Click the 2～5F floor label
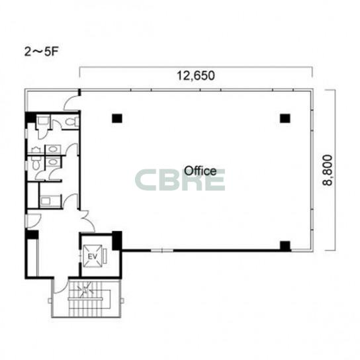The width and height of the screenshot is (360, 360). [41, 52]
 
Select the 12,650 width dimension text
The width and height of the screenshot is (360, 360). [196, 75]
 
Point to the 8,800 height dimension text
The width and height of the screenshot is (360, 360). [328, 170]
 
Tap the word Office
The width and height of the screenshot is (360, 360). [201, 171]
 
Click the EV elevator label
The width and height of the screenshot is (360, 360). [92, 257]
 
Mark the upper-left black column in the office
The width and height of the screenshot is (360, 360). [117, 118]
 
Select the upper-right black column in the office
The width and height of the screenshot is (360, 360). [285, 118]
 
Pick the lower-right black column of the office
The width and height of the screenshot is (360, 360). [285, 246]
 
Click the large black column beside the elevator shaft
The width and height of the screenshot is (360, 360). [117, 241]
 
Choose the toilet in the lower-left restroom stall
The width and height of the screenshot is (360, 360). [36, 162]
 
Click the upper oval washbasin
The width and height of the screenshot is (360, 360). [53, 150]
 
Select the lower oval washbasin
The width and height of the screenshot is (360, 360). [53, 162]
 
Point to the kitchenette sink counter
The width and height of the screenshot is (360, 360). [50, 201]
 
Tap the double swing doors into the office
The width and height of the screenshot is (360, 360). [87, 220]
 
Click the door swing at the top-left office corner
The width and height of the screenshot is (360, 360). [71, 103]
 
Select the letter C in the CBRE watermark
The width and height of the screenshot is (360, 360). [145, 180]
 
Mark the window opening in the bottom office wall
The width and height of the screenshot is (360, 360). [162, 250]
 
